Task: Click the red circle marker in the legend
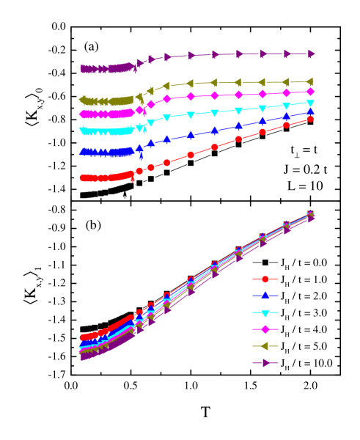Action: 265,279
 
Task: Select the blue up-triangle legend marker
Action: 265,296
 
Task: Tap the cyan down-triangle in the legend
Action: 265,312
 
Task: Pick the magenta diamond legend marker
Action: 265,329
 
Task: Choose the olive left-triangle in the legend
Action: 265,346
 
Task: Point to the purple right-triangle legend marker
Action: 265,363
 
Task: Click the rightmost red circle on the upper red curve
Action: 310,118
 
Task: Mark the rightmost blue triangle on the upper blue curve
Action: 310,112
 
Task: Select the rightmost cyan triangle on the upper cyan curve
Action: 310,103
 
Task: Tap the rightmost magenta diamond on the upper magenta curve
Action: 310,92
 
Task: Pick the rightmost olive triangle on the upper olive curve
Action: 310,81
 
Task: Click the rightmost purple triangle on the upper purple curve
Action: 310,54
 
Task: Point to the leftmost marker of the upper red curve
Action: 83,177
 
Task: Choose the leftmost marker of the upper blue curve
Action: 83,152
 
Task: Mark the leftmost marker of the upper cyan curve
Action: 83,131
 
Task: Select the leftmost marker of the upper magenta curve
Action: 83,114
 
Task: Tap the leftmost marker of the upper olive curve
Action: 83,100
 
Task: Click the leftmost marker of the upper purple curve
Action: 83,68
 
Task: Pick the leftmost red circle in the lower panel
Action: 83,338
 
